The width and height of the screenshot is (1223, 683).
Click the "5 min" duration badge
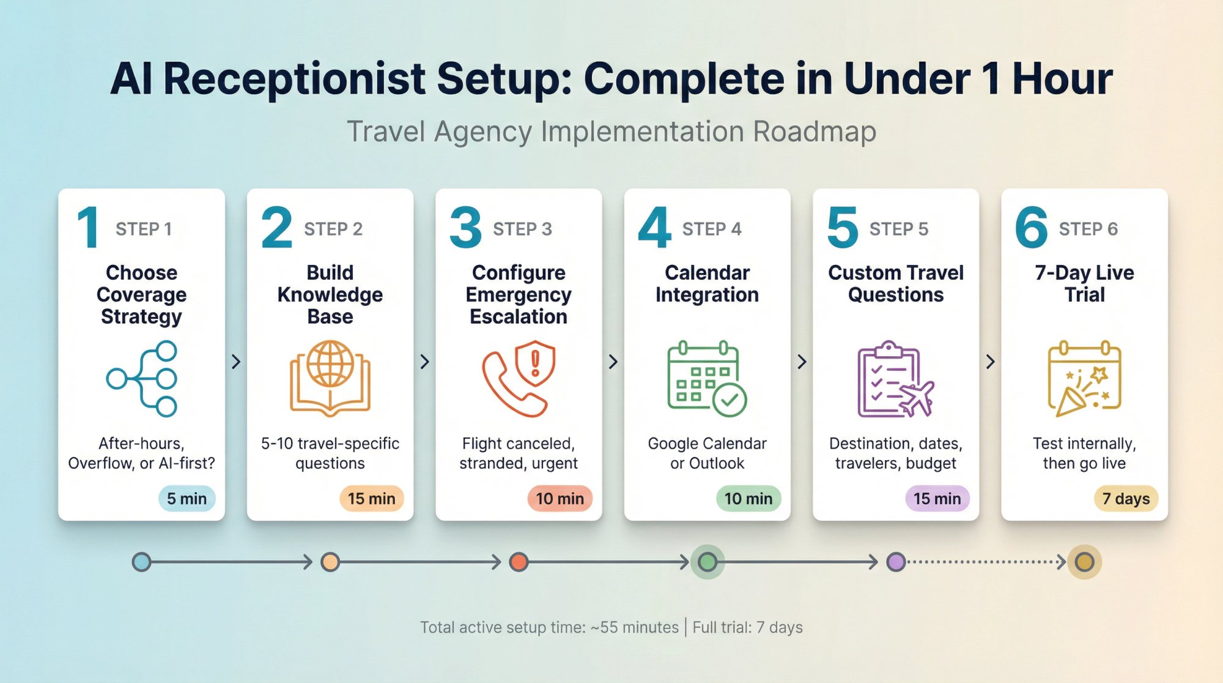pyautogui.click(x=187, y=499)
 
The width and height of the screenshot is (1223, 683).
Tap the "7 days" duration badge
pyautogui.click(x=1126, y=499)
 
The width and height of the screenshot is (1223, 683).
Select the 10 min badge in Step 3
pyautogui.click(x=560, y=499)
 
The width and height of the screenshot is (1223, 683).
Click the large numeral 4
pyautogui.click(x=654, y=228)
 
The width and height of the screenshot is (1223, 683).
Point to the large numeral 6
pyautogui.click(x=1031, y=228)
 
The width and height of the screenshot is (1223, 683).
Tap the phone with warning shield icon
pyautogui.click(x=519, y=379)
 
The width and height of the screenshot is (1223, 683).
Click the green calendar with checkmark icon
pyautogui.click(x=707, y=379)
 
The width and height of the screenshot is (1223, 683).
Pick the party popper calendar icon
pyautogui.click(x=1084, y=379)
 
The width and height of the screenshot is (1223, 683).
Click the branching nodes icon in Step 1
pyautogui.click(x=142, y=379)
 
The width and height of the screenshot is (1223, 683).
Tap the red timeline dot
pyautogui.click(x=519, y=562)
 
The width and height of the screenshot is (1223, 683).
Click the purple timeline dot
pyautogui.click(x=896, y=562)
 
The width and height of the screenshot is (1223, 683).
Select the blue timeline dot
pyautogui.click(x=141, y=562)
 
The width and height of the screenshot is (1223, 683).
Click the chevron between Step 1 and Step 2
pyautogui.click(x=236, y=362)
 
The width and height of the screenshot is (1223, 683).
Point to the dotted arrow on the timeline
pyautogui.click(x=986, y=562)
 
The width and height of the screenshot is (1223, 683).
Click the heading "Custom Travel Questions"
pyautogui.click(x=896, y=283)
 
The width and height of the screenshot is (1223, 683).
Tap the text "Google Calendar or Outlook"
pyautogui.click(x=707, y=453)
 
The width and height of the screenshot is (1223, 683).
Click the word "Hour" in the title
pyautogui.click(x=1062, y=79)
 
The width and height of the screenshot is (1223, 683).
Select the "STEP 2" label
pyautogui.click(x=333, y=229)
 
